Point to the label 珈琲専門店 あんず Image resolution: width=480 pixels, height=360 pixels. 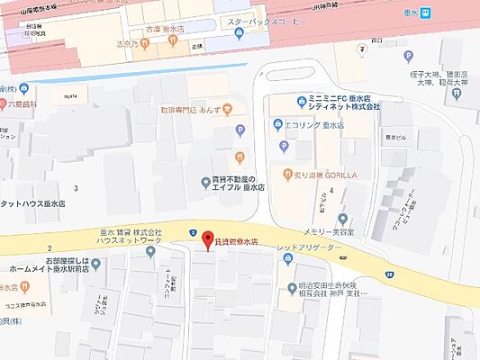tap(185, 109)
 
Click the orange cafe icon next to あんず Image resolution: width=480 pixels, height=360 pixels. tap(227, 109)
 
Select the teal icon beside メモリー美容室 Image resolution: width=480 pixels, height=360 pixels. tap(341, 218)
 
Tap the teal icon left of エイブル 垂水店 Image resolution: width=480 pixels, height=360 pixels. tap(204, 183)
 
